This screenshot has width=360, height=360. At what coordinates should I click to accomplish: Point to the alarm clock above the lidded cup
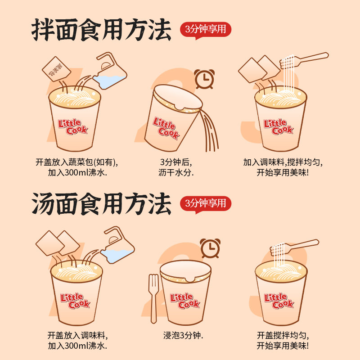click(x=210, y=248)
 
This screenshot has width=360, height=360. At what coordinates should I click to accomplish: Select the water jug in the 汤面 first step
click(x=117, y=246)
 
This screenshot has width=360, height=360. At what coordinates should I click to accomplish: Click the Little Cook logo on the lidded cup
click(x=185, y=301)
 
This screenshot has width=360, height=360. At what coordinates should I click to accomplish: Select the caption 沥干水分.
click(x=176, y=173)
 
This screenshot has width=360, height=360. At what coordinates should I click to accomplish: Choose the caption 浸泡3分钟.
click(x=183, y=335)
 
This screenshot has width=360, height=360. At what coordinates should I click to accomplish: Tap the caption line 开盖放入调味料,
click(x=77, y=335)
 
